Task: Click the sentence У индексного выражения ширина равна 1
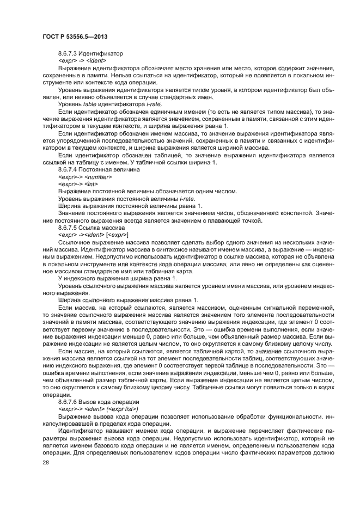click(x=117, y=278)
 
